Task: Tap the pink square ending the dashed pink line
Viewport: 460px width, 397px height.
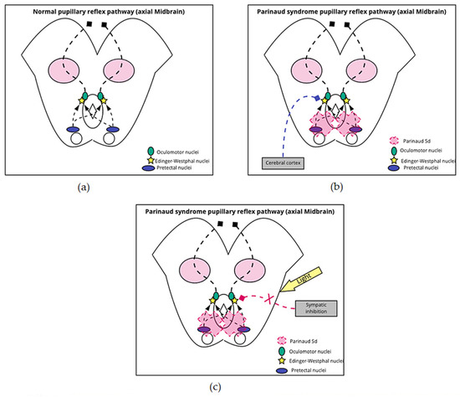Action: pos(242,298)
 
